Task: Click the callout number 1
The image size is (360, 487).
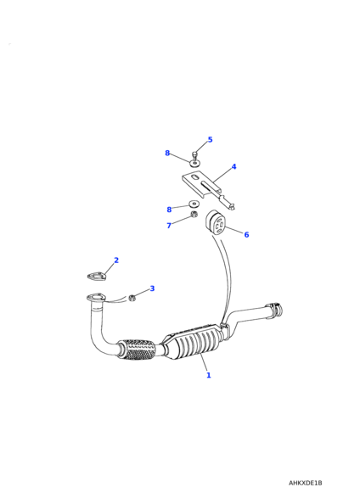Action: point(209,375)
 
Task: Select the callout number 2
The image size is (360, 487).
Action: point(116,260)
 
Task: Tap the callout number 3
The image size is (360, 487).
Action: point(152,288)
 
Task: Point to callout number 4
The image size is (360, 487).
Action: point(233,167)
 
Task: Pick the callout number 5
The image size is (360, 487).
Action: point(211,140)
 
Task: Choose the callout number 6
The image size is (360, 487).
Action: point(246,234)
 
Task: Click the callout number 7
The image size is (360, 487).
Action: point(169,226)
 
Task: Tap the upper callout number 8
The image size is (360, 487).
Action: point(167,153)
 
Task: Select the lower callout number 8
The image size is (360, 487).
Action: point(169,210)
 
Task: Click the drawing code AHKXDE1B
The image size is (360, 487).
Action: point(306,483)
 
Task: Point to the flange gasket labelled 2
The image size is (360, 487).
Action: point(96,276)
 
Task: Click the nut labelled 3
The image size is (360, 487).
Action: point(132,298)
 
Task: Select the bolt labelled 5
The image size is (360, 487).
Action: point(195,155)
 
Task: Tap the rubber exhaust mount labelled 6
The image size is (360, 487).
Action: point(215,222)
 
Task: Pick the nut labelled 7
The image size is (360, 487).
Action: point(194,214)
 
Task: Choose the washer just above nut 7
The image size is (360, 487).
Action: point(194,204)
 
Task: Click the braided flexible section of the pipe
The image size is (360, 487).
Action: point(137,350)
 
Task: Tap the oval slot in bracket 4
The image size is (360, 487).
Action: point(195,177)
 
